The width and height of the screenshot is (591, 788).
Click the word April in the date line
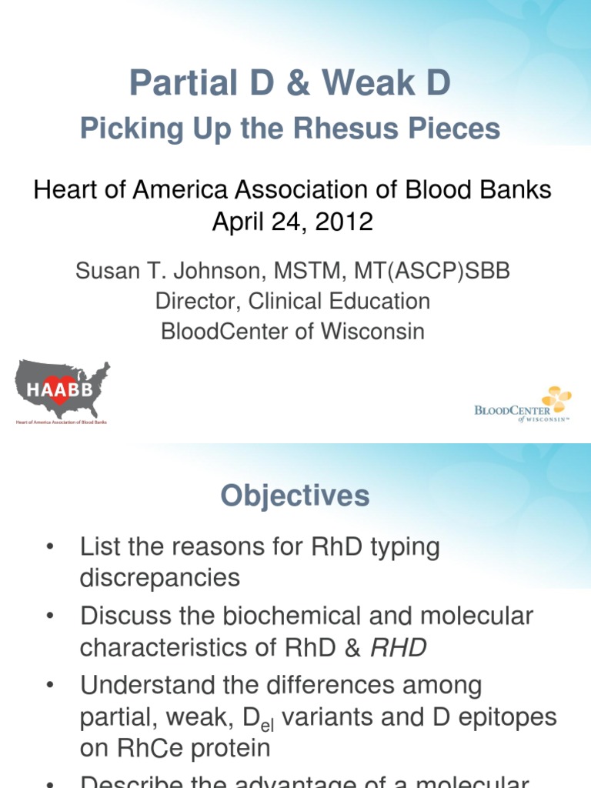pyautogui.click(x=240, y=222)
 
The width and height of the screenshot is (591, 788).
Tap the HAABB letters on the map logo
pyautogui.click(x=61, y=390)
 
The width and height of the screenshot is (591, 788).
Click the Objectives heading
pyautogui.click(x=295, y=496)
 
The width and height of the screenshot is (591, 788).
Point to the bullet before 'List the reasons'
pyautogui.click(x=51, y=548)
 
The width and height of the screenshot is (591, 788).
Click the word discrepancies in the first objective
pyautogui.click(x=159, y=578)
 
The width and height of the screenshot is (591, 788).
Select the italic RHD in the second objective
pyautogui.click(x=398, y=647)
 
